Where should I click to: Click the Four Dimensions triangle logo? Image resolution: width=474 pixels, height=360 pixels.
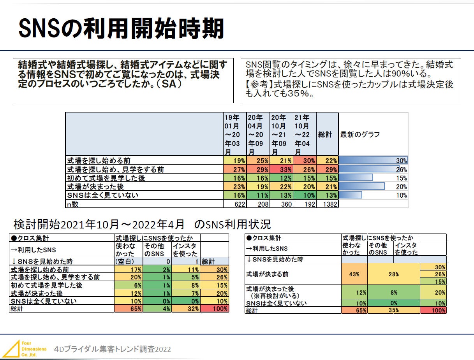(x=14, y=349)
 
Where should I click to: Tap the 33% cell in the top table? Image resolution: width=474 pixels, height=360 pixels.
(x=281, y=169)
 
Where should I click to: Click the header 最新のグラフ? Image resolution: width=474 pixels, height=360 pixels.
(x=360, y=134)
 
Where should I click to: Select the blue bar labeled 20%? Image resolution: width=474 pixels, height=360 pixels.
(x=362, y=186)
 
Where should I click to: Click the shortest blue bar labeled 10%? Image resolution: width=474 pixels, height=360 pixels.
(x=351, y=195)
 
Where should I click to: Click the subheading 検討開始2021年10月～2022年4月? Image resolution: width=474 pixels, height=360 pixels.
(x=99, y=225)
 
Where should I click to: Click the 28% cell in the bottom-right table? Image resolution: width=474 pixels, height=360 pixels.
(x=393, y=274)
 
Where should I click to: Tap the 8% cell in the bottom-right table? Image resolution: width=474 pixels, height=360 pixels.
(x=393, y=292)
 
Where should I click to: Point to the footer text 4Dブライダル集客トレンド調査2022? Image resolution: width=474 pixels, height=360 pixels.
(x=113, y=349)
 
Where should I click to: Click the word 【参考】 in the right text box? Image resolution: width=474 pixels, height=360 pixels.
(x=259, y=84)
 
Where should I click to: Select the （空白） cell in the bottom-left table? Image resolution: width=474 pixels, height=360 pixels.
(x=125, y=262)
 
